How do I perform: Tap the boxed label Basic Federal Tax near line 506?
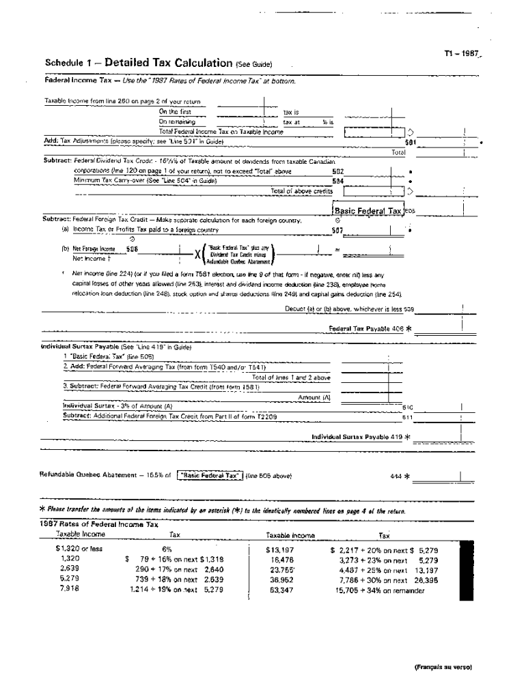point(368,211)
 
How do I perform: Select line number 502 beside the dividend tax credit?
point(337,171)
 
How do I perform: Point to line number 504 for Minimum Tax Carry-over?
point(337,181)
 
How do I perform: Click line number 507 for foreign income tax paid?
point(337,230)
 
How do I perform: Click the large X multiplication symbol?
point(197,254)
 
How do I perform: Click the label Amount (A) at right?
point(315,397)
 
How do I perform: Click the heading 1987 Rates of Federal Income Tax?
point(99,524)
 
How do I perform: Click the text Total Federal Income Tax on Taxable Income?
point(221,131)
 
